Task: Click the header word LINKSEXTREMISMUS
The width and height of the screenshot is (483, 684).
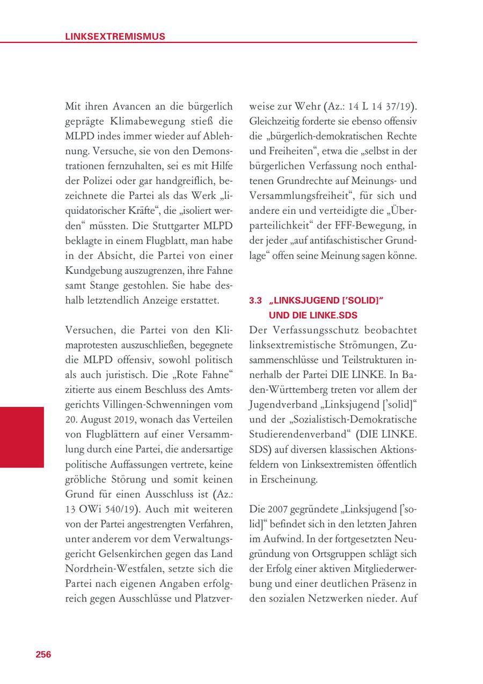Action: tap(115, 36)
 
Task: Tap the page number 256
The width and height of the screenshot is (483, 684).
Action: tap(43, 654)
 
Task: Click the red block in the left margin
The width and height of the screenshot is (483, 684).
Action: tap(22, 437)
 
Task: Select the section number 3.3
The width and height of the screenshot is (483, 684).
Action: tap(255, 301)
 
